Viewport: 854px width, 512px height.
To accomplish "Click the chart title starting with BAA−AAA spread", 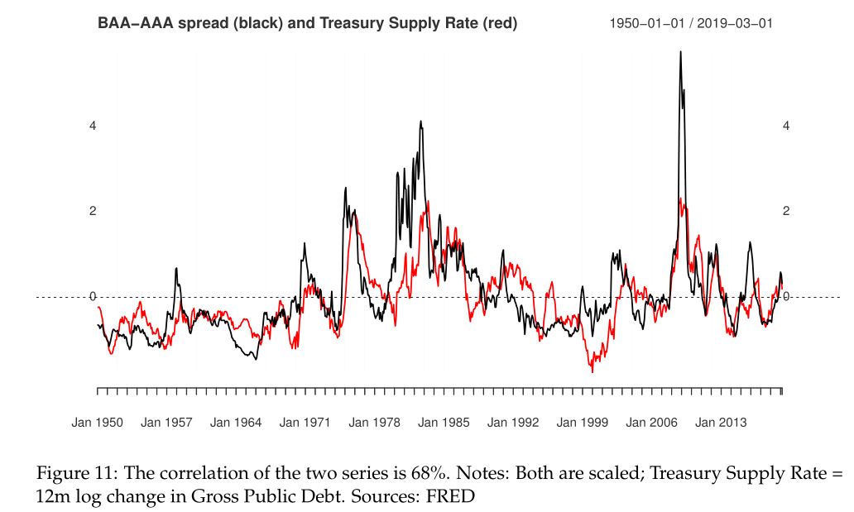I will [307, 24].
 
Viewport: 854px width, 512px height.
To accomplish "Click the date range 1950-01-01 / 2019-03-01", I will [691, 24].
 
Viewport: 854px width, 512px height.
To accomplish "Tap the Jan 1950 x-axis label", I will [97, 423].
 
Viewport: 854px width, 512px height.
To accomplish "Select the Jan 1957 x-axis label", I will [166, 423].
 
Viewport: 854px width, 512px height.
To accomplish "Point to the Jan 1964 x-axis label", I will [236, 423].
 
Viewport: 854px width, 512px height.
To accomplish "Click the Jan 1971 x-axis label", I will [305, 423].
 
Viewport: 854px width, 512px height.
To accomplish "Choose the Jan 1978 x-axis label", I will [374, 423].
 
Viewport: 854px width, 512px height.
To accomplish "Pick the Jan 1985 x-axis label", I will [444, 423].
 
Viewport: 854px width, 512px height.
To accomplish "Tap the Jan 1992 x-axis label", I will [513, 423].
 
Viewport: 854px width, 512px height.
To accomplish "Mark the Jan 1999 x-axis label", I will [582, 423].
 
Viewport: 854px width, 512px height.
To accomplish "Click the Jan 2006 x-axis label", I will [651, 423].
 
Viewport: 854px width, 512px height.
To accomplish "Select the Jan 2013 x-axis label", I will [721, 423].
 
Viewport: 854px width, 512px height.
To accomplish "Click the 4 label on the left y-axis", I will [94, 126].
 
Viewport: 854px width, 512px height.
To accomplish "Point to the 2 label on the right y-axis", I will [786, 211].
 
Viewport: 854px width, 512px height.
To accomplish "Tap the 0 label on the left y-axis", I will [94, 296].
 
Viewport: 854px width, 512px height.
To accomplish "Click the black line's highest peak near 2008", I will [680, 52].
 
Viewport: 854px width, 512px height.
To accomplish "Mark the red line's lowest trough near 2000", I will [593, 372].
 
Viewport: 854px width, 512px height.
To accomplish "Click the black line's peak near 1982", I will [420, 122].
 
